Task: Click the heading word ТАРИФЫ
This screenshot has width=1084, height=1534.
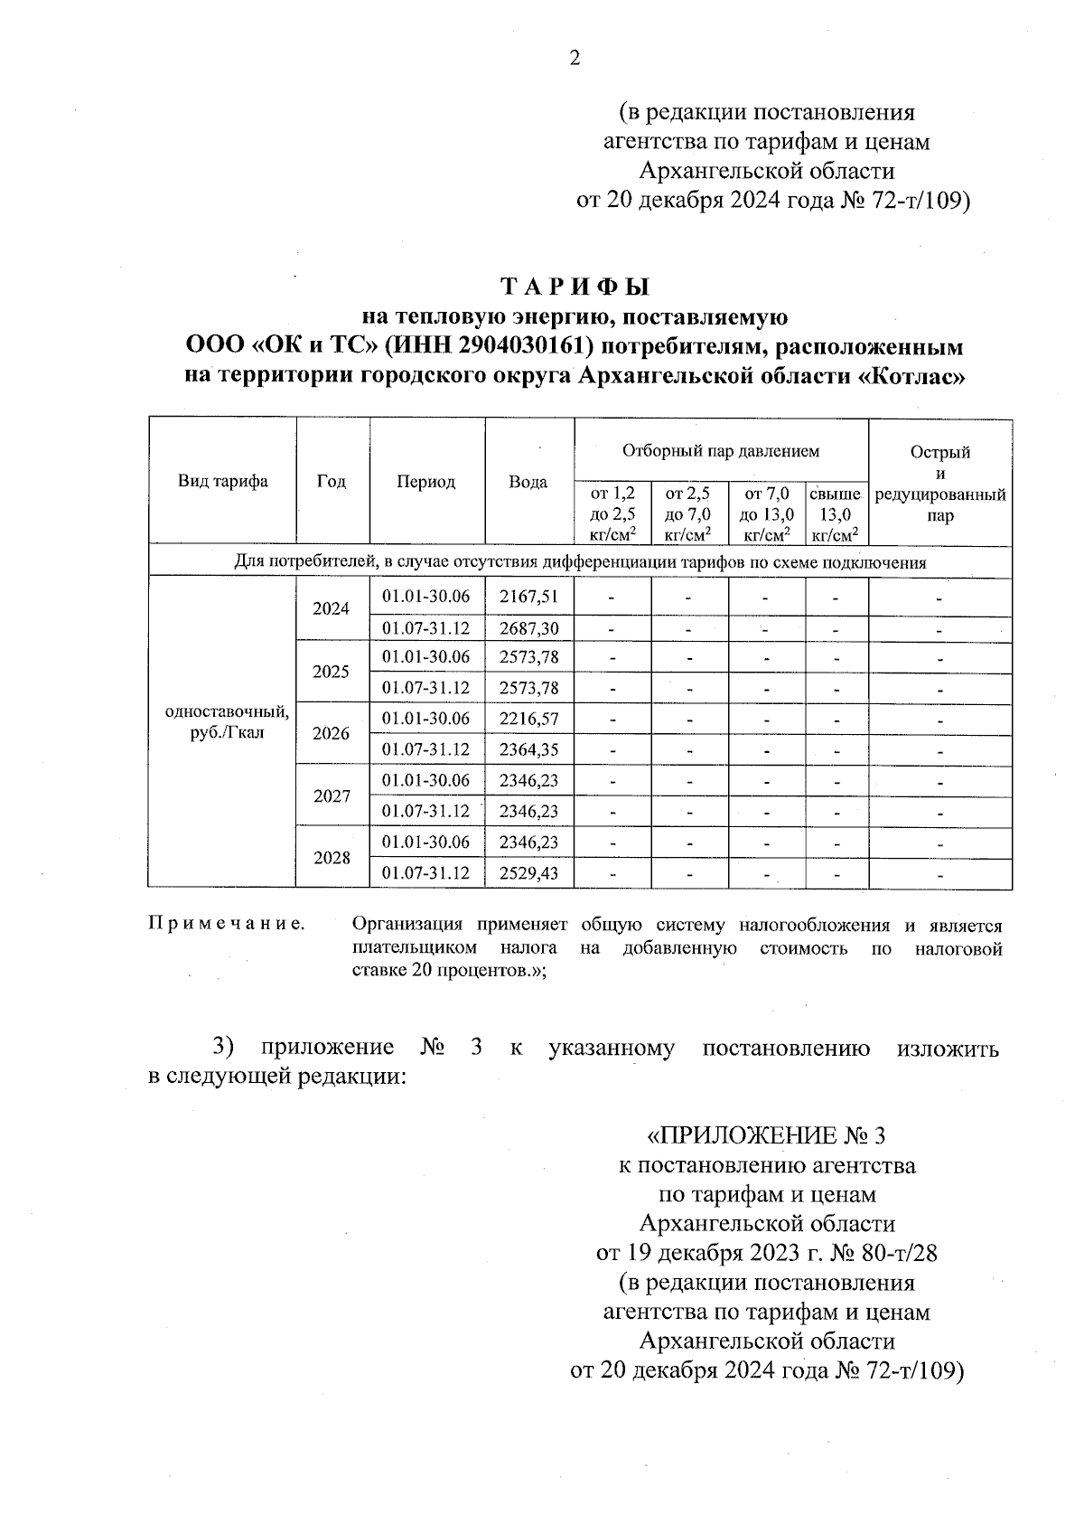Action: point(575,287)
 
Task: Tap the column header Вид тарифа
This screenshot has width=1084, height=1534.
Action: point(222,481)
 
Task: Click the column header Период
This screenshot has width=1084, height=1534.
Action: point(426,482)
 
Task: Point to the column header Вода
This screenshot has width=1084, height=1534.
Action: point(528,482)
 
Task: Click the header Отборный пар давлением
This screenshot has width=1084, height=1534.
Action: point(720,450)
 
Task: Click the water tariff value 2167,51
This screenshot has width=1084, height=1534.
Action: point(528,596)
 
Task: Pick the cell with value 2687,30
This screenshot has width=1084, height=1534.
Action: point(528,628)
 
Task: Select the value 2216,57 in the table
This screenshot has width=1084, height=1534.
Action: point(528,719)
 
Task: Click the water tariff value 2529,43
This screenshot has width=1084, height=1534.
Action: point(528,873)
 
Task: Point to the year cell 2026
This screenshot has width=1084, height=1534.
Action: point(331,734)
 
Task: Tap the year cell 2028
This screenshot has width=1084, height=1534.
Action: point(331,858)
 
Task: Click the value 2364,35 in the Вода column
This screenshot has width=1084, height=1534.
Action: point(528,749)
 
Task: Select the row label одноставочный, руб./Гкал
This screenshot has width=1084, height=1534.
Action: point(227,721)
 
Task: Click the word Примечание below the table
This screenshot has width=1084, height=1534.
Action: point(226,925)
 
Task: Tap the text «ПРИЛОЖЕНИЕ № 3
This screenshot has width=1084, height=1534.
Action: point(767,1135)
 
